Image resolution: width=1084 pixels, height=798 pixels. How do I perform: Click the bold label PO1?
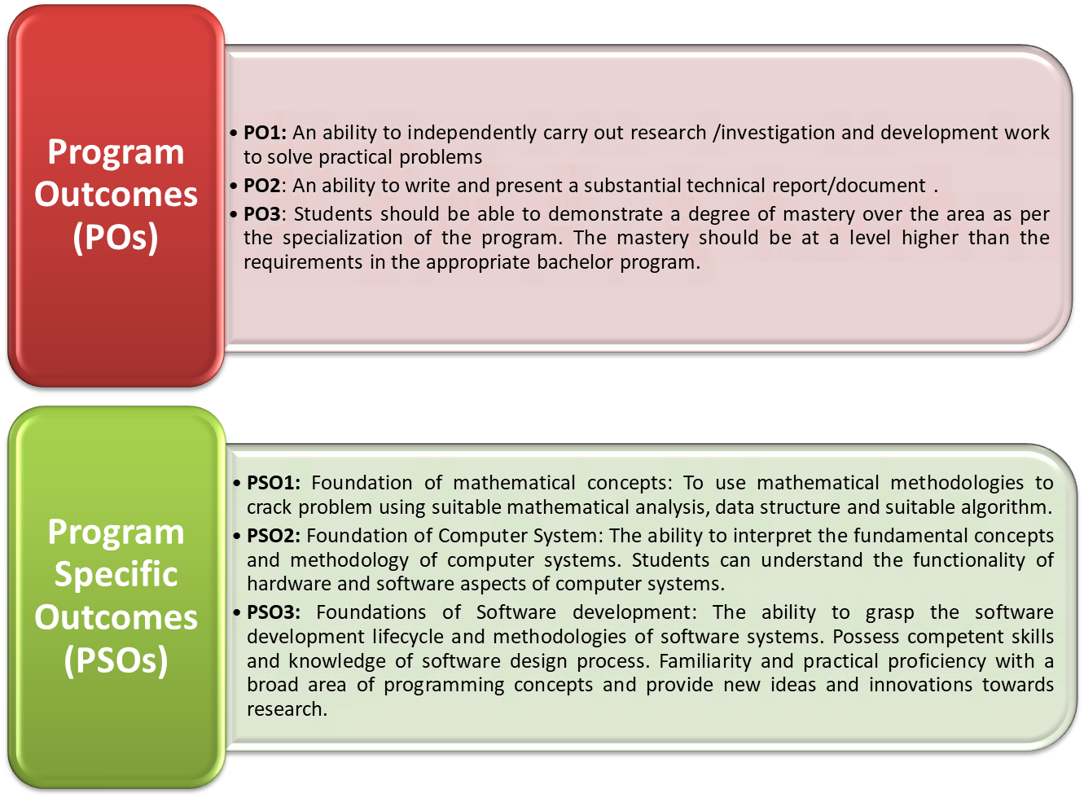265,133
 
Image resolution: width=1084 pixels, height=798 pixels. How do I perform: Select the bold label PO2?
261,186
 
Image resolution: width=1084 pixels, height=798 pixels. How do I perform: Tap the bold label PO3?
261,214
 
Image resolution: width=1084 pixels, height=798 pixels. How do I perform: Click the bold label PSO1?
274,483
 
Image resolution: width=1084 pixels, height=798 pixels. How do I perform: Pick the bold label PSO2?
274,536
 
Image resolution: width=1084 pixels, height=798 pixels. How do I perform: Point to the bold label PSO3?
274,612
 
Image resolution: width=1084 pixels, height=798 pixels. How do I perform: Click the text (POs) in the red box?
116,238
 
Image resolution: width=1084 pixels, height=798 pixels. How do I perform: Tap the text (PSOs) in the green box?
116,660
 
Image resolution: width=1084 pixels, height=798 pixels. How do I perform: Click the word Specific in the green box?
116,574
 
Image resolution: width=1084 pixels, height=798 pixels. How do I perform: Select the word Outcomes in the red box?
116,195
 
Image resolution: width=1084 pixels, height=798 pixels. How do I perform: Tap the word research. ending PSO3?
287,709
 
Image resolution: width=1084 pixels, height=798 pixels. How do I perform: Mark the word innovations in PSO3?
920,685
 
